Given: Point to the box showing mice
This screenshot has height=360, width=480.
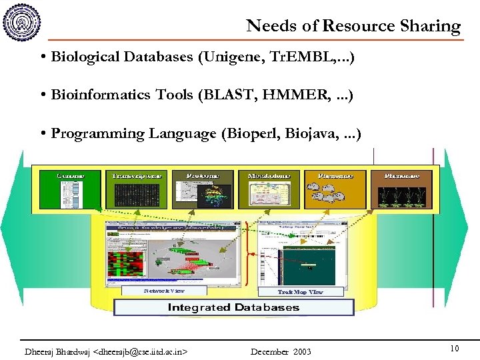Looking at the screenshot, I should (335, 190).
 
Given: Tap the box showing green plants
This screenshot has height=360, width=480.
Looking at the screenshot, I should (402, 190).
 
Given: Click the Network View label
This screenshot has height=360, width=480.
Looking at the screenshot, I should (164, 291).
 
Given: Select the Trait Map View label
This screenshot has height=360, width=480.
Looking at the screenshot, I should (300, 292).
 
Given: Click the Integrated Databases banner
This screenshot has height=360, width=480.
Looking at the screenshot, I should (233, 307).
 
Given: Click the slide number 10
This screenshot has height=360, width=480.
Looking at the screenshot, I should (454, 349).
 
